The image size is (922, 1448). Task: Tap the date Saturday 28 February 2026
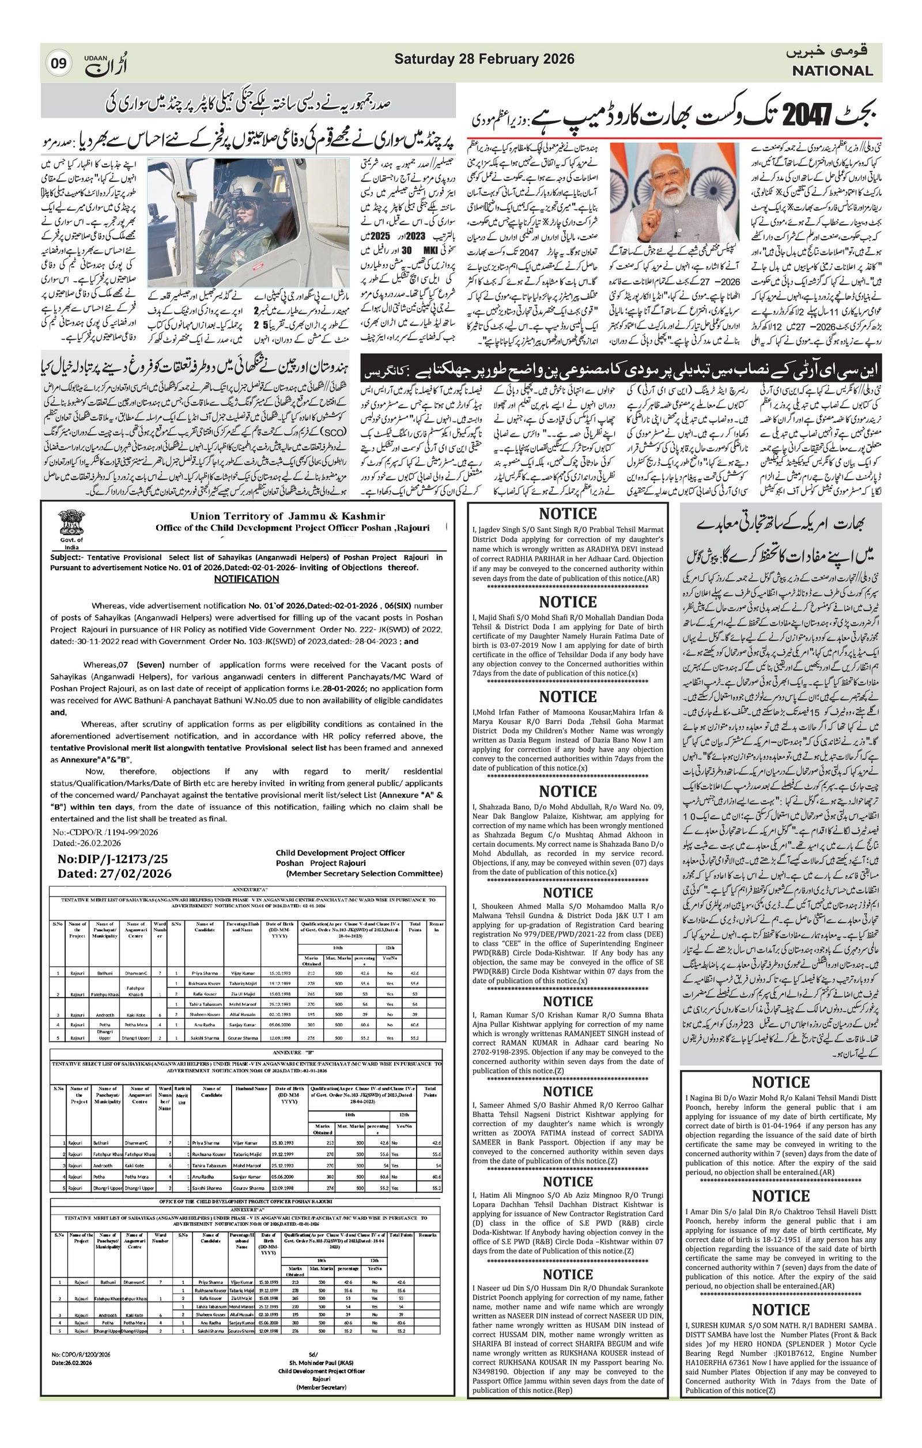[x=484, y=59]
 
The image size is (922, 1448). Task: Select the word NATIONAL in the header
[x=832, y=71]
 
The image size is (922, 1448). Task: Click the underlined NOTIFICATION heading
[x=247, y=578]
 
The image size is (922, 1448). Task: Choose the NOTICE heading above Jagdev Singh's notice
[x=568, y=514]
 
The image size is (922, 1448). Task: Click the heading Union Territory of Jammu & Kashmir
[x=288, y=516]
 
